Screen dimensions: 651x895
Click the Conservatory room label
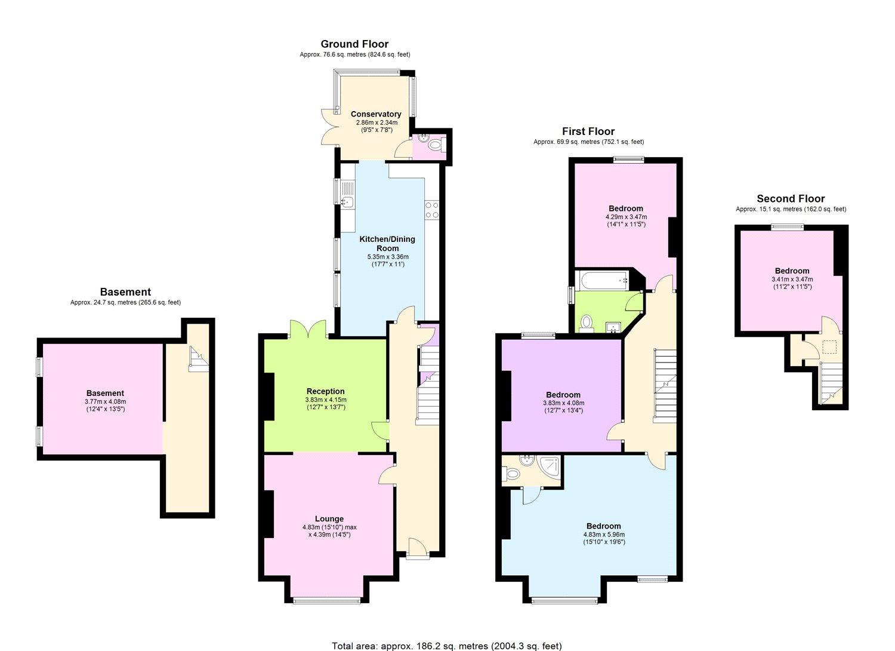[375, 114]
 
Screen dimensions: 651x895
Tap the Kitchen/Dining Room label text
[387, 244]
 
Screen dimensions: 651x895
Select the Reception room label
[325, 392]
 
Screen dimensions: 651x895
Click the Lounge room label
[329, 519]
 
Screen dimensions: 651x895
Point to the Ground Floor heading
[354, 44]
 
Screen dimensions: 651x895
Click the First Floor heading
[588, 131]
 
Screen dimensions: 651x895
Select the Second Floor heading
[791, 199]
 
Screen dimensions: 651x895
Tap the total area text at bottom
[446, 646]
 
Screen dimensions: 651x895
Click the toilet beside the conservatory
[436, 144]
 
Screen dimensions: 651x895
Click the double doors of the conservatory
[329, 127]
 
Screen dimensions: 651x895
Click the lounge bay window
[326, 601]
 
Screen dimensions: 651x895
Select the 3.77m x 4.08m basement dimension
[105, 401]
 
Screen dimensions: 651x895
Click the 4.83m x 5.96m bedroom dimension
[604, 535]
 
